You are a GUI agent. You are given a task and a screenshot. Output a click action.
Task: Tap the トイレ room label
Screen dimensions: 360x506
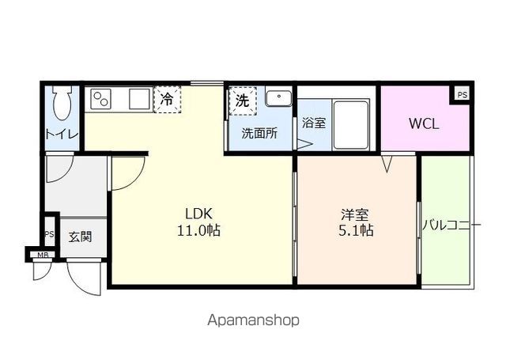[x=61, y=134]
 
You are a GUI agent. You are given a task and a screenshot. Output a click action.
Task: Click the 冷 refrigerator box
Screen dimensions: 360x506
[x=167, y=100]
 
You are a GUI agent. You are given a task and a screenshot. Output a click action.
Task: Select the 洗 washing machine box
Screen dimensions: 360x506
[x=242, y=100]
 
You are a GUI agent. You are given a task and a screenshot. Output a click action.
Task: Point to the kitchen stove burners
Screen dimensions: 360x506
[x=103, y=100]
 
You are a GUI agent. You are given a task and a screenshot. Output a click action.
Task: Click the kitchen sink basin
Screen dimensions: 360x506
[x=139, y=100]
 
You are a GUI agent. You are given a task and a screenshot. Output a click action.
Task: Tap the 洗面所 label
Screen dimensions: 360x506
[x=259, y=134]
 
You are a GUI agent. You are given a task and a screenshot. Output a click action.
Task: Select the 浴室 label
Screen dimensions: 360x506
[x=314, y=123]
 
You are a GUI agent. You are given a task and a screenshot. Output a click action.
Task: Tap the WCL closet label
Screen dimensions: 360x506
[x=424, y=124]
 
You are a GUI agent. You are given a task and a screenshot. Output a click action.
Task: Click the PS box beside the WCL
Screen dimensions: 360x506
[x=462, y=94]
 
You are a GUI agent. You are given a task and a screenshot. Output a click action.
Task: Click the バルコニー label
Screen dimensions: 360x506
[x=451, y=225]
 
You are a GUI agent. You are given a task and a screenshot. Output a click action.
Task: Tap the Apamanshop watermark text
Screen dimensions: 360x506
[x=253, y=320]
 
